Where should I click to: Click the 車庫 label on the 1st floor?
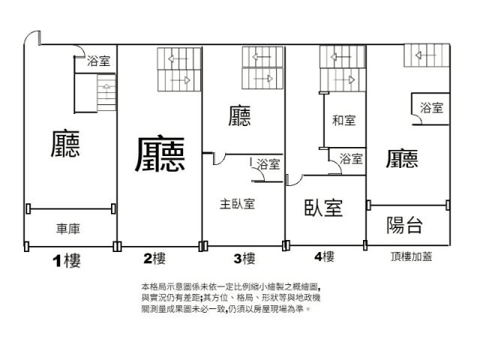[x=68, y=229]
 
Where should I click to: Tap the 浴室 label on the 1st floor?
[x=98, y=61]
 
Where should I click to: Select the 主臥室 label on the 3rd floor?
[x=237, y=204]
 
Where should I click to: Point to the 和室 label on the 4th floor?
[x=343, y=120]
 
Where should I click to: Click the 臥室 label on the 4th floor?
[x=323, y=208]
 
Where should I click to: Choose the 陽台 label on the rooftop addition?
[x=405, y=225]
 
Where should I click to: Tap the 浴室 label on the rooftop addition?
[x=432, y=108]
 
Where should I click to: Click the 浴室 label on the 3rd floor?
[x=268, y=164]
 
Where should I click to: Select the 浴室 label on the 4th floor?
[x=351, y=159]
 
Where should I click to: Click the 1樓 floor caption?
[x=67, y=261]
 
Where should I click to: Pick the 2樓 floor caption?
[x=154, y=258]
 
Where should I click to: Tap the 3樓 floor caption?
[x=244, y=259]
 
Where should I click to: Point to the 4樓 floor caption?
[x=324, y=256]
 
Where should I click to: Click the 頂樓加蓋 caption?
[x=412, y=256]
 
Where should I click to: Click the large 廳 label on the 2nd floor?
[x=160, y=154]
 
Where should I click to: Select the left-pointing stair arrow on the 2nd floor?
[x=177, y=58]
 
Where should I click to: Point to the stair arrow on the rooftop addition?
[x=425, y=55]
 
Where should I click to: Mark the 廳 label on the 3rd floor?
[x=239, y=115]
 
